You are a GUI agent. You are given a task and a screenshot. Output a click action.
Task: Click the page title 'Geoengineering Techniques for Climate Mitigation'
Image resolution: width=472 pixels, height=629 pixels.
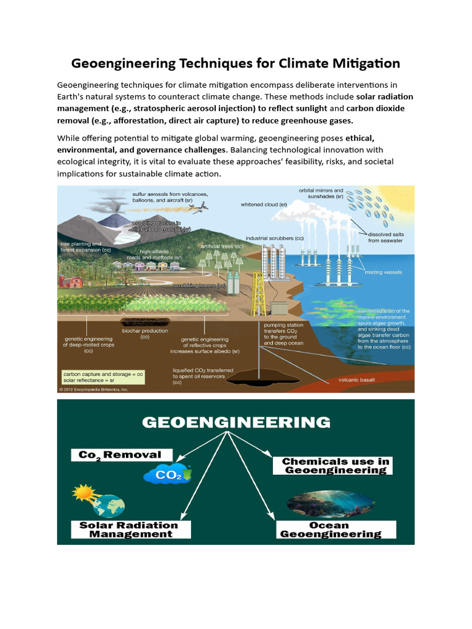coord(235,63)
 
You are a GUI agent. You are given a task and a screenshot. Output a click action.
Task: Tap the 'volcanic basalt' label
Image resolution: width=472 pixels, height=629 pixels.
coord(356,380)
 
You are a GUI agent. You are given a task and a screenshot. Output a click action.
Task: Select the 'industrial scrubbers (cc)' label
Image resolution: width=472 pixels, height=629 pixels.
coord(275,238)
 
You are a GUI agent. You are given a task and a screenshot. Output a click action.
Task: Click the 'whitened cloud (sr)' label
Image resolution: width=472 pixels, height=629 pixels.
coord(264,205)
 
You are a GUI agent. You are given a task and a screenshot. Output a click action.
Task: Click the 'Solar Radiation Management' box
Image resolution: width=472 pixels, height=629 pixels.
coord(128,529)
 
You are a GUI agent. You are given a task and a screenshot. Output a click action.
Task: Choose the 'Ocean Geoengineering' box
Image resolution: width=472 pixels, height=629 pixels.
coord(329,529)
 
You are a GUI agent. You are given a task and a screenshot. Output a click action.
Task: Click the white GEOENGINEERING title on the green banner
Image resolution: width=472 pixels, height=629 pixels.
coord(236,423)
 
